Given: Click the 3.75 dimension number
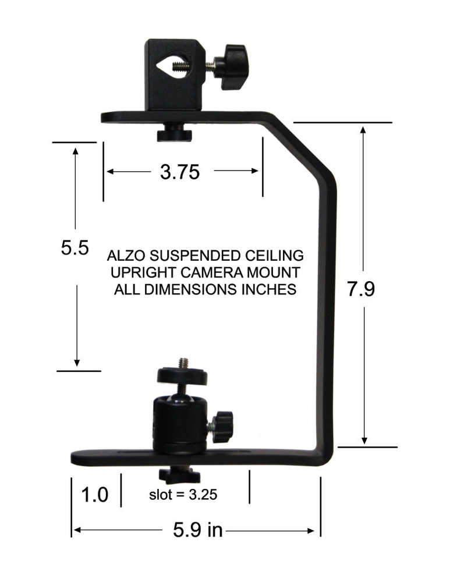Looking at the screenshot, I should tap(179, 172).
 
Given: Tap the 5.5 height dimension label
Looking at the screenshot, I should tap(75, 248).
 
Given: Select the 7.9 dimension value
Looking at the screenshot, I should tap(361, 289).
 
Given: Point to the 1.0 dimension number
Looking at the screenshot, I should tap(94, 495).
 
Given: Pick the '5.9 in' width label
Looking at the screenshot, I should tap(198, 530).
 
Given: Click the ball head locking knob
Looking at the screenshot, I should tap(222, 426).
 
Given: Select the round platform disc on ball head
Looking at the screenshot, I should tap(182, 376).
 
